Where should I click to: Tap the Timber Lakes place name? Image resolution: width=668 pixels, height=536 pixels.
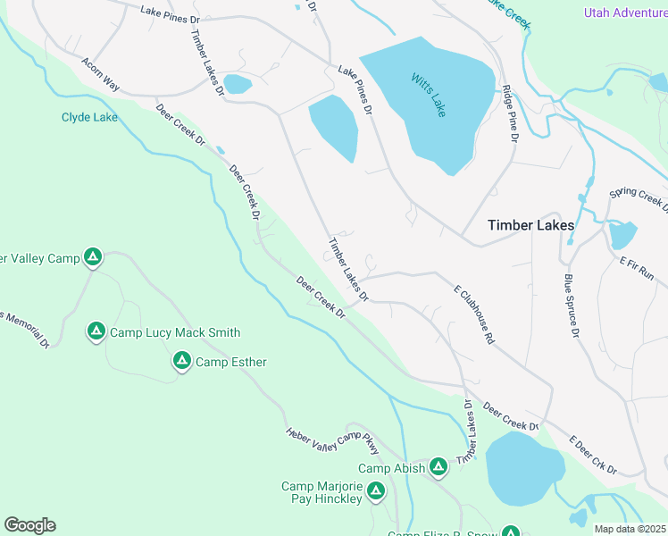click(x=530, y=226)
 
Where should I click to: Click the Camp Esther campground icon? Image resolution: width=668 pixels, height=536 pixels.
click(x=181, y=361)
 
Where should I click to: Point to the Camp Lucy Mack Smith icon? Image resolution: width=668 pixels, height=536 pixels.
click(x=96, y=331)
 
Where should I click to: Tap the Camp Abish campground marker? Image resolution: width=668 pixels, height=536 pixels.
click(x=438, y=466)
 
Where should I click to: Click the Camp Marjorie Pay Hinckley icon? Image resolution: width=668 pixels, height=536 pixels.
click(x=376, y=490)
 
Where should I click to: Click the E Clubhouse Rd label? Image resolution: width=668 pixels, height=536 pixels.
click(x=474, y=315)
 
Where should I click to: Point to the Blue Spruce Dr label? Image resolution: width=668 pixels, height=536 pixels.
click(x=572, y=306)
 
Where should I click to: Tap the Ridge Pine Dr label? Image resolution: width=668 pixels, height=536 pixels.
click(x=510, y=113)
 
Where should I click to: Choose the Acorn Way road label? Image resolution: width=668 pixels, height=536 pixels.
click(x=100, y=75)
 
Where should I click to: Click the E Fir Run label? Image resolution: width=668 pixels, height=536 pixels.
click(x=637, y=268)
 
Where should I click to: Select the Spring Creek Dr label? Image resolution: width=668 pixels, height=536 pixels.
click(x=638, y=198)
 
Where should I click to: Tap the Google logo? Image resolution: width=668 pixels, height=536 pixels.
click(x=29, y=525)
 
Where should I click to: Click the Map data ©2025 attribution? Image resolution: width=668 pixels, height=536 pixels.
click(x=630, y=529)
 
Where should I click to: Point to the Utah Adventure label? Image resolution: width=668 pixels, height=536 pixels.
click(x=625, y=13)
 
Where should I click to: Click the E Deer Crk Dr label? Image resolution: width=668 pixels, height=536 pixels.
click(x=594, y=455)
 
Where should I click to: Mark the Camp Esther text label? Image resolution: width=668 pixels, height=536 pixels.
click(x=231, y=362)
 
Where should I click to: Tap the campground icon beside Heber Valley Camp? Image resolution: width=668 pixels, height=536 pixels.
click(x=93, y=258)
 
